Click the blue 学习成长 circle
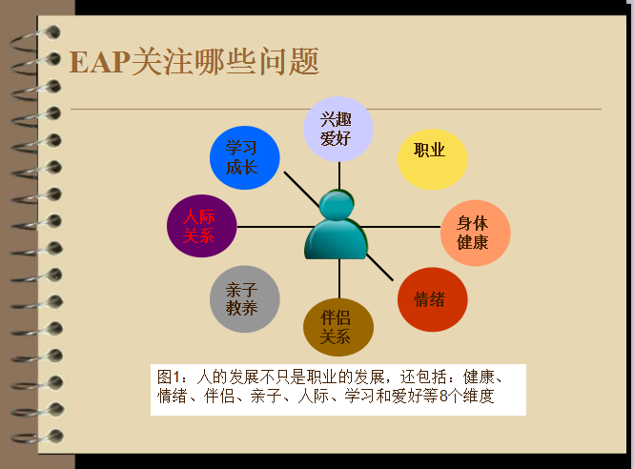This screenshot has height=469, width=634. pyautogui.click(x=245, y=157)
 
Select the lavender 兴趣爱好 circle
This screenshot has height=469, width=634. pyautogui.click(x=338, y=130)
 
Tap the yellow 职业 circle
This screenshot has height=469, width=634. pyautogui.click(x=433, y=159)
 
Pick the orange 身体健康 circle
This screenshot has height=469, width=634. pyautogui.click(x=476, y=233)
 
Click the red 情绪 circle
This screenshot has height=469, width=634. pyautogui.click(x=433, y=299)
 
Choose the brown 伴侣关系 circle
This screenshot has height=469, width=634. pyautogui.click(x=338, y=328)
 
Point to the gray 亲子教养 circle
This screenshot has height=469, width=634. pyautogui.click(x=245, y=299)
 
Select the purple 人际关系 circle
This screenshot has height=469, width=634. pyautogui.click(x=202, y=226)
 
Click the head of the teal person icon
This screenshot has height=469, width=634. pyautogui.click(x=337, y=206)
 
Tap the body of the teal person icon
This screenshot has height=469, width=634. pyautogui.click(x=336, y=239)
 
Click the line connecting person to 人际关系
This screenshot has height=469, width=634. pyautogui.click(x=275, y=227)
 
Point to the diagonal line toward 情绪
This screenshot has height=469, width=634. pyautogui.click(x=380, y=267)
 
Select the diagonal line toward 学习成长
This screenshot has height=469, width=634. pyautogui.click(x=301, y=189)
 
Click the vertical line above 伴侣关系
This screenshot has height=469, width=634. pyautogui.click(x=339, y=279)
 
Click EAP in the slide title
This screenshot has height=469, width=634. pyautogui.click(x=100, y=62)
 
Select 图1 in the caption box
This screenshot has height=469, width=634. pyautogui.click(x=168, y=377)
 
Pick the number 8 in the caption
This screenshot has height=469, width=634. pyautogui.click(x=443, y=396)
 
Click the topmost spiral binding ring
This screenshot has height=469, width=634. pyautogui.click(x=35, y=39)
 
